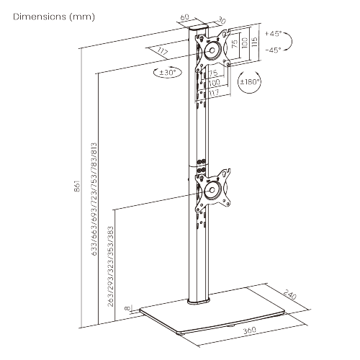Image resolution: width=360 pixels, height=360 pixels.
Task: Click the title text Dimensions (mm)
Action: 49,15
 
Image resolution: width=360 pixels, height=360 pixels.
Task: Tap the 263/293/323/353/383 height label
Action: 110,266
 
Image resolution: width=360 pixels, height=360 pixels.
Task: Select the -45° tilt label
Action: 273,50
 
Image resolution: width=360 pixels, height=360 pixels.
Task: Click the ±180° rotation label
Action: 251,82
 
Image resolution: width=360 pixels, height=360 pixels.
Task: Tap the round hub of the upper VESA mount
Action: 213,51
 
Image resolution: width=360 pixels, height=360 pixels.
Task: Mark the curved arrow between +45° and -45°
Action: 289,42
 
